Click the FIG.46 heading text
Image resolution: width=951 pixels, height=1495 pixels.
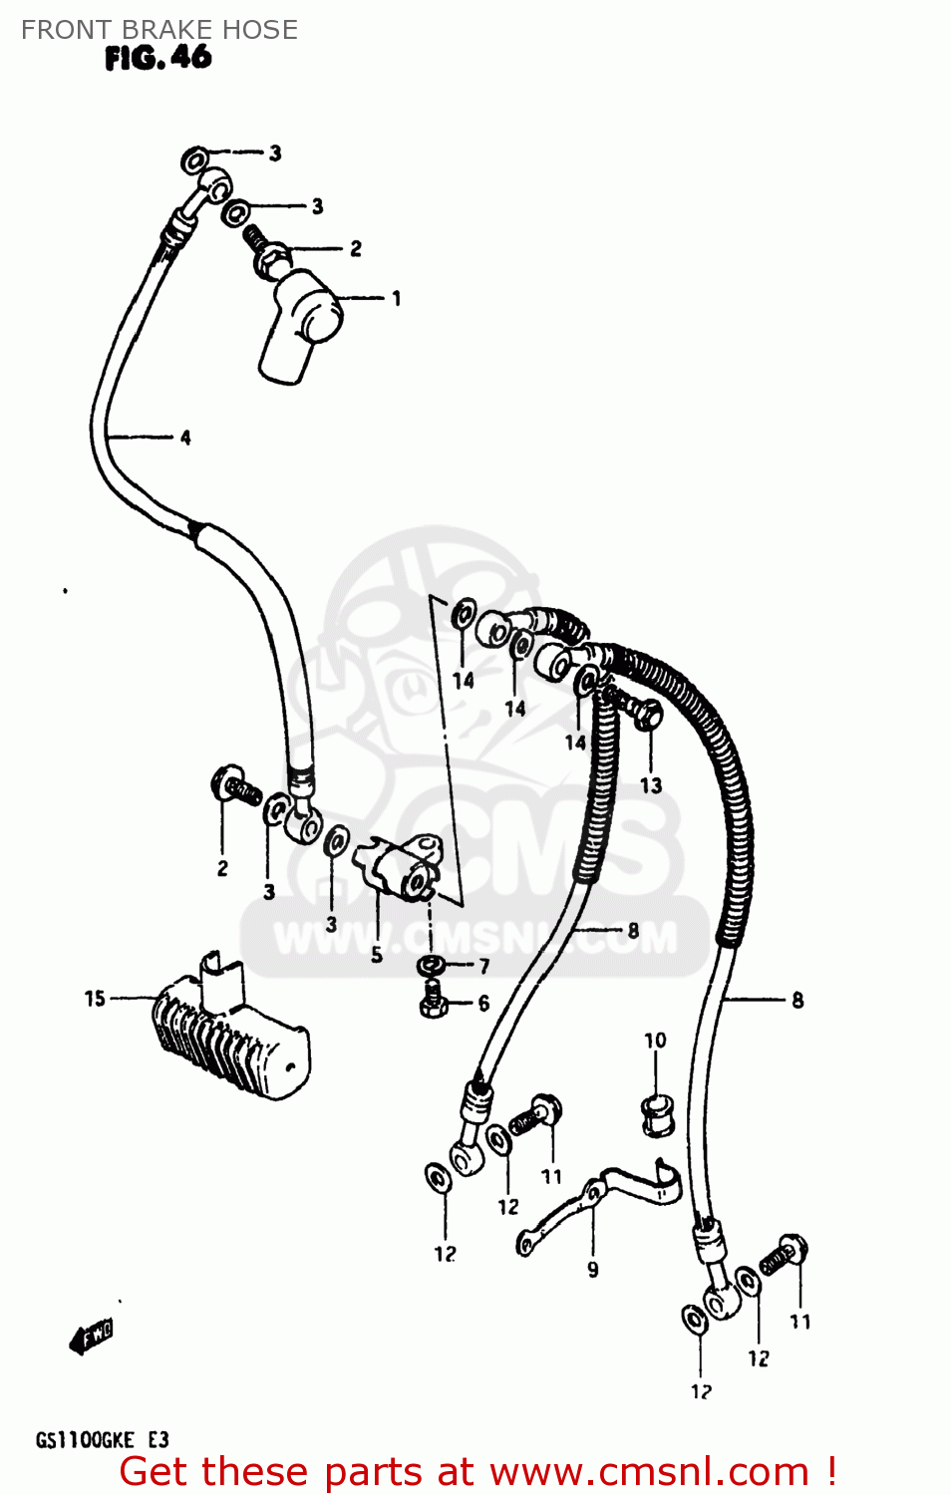click(158, 58)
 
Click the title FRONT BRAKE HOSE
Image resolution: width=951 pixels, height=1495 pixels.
click(159, 30)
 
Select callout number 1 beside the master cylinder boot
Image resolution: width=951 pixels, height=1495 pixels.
click(396, 298)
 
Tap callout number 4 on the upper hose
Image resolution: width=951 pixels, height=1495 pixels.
click(185, 438)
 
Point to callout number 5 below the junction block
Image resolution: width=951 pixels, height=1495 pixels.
click(377, 955)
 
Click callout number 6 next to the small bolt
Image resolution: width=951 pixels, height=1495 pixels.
click(483, 1004)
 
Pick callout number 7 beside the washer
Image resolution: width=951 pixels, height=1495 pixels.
click(484, 966)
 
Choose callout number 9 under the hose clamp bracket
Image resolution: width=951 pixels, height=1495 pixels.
click(593, 1270)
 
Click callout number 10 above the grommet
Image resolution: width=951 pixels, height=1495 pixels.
click(655, 1041)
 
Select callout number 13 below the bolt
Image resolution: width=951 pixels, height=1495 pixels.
click(651, 785)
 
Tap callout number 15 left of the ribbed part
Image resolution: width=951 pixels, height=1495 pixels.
click(95, 999)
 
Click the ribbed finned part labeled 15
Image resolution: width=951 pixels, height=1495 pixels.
click(229, 1037)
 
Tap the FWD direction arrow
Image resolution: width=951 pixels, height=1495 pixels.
click(92, 1336)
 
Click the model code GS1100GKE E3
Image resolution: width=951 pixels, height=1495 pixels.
click(102, 1440)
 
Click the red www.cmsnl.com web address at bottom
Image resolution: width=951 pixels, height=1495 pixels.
click(649, 1472)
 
